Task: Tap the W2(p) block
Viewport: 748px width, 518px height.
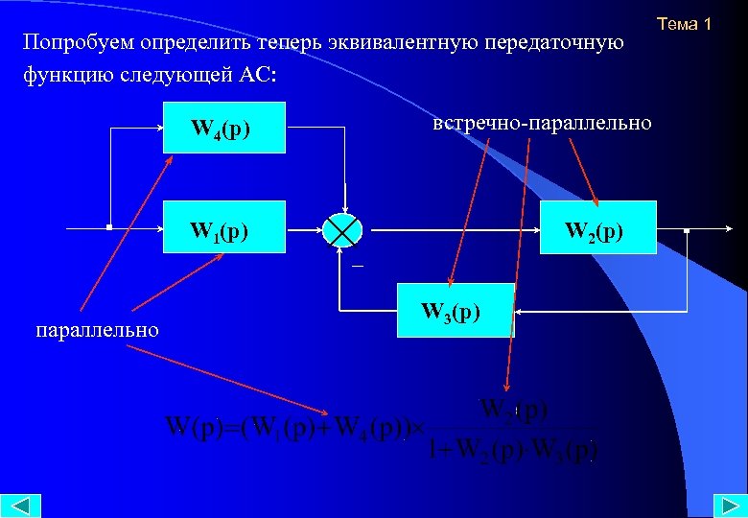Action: [597, 228]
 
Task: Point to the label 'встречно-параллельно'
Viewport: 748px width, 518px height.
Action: [542, 124]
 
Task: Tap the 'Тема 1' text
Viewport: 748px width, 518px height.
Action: [684, 24]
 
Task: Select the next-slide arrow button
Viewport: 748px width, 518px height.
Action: [726, 505]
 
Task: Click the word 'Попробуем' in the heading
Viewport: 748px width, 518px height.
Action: [77, 44]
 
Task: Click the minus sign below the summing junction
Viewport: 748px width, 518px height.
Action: [355, 265]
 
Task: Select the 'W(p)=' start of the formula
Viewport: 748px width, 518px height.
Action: [200, 425]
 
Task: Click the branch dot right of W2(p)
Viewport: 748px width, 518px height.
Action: [688, 230]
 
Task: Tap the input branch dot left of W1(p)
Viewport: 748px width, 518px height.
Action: [109, 228]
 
